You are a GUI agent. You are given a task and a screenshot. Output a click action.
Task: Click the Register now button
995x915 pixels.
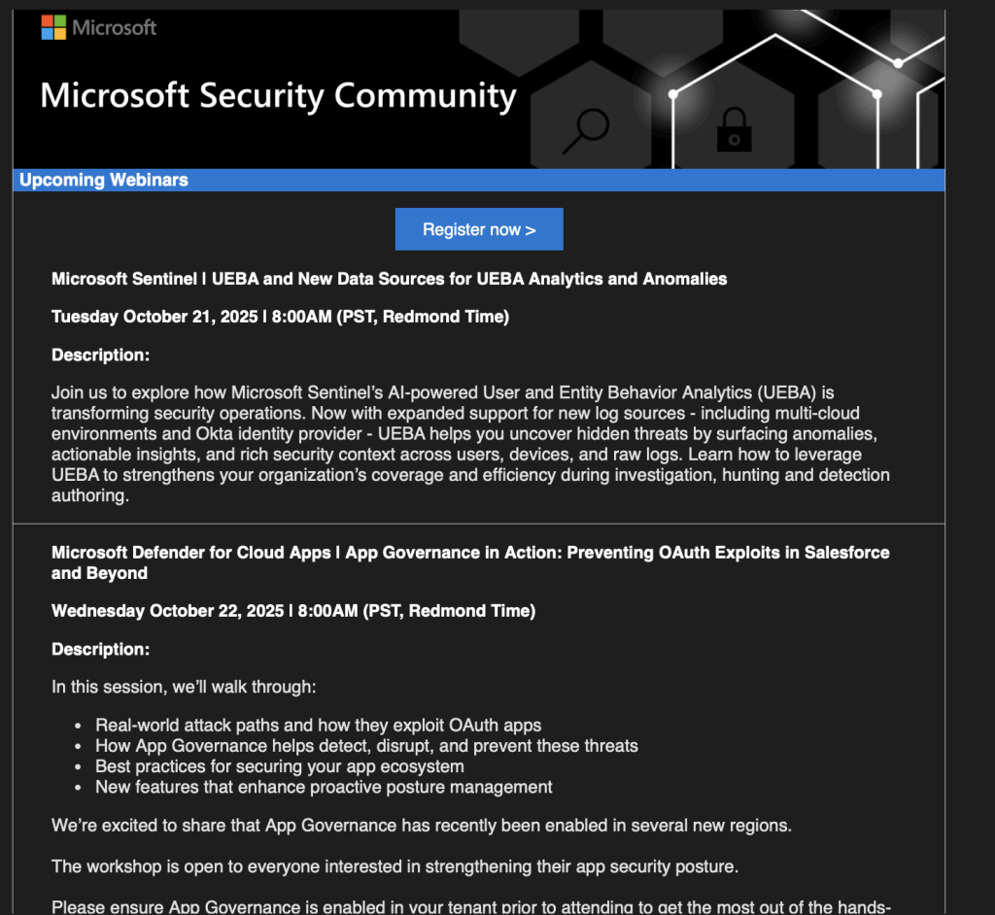point(479,229)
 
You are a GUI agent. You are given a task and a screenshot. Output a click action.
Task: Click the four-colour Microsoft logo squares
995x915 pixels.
point(53,27)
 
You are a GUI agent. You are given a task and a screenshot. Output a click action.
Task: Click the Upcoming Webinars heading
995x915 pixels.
point(104,180)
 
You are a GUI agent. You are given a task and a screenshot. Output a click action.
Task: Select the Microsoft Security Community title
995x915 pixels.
point(278,96)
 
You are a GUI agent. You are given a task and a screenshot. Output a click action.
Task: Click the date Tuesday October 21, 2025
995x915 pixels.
point(154,317)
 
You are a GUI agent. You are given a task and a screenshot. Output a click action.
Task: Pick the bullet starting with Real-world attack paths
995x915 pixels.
point(318,725)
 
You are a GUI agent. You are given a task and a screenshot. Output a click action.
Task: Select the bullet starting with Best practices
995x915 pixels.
point(279,766)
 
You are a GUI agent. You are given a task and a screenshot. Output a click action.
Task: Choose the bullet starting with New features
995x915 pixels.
point(324,787)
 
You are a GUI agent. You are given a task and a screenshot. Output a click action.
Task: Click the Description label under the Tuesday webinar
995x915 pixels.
point(100,356)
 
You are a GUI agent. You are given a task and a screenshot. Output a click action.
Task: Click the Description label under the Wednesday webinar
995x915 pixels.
point(100,649)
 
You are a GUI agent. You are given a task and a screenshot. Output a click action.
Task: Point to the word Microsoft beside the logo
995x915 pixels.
point(114,27)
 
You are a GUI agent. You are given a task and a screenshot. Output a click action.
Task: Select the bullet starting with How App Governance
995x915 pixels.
point(366,746)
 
